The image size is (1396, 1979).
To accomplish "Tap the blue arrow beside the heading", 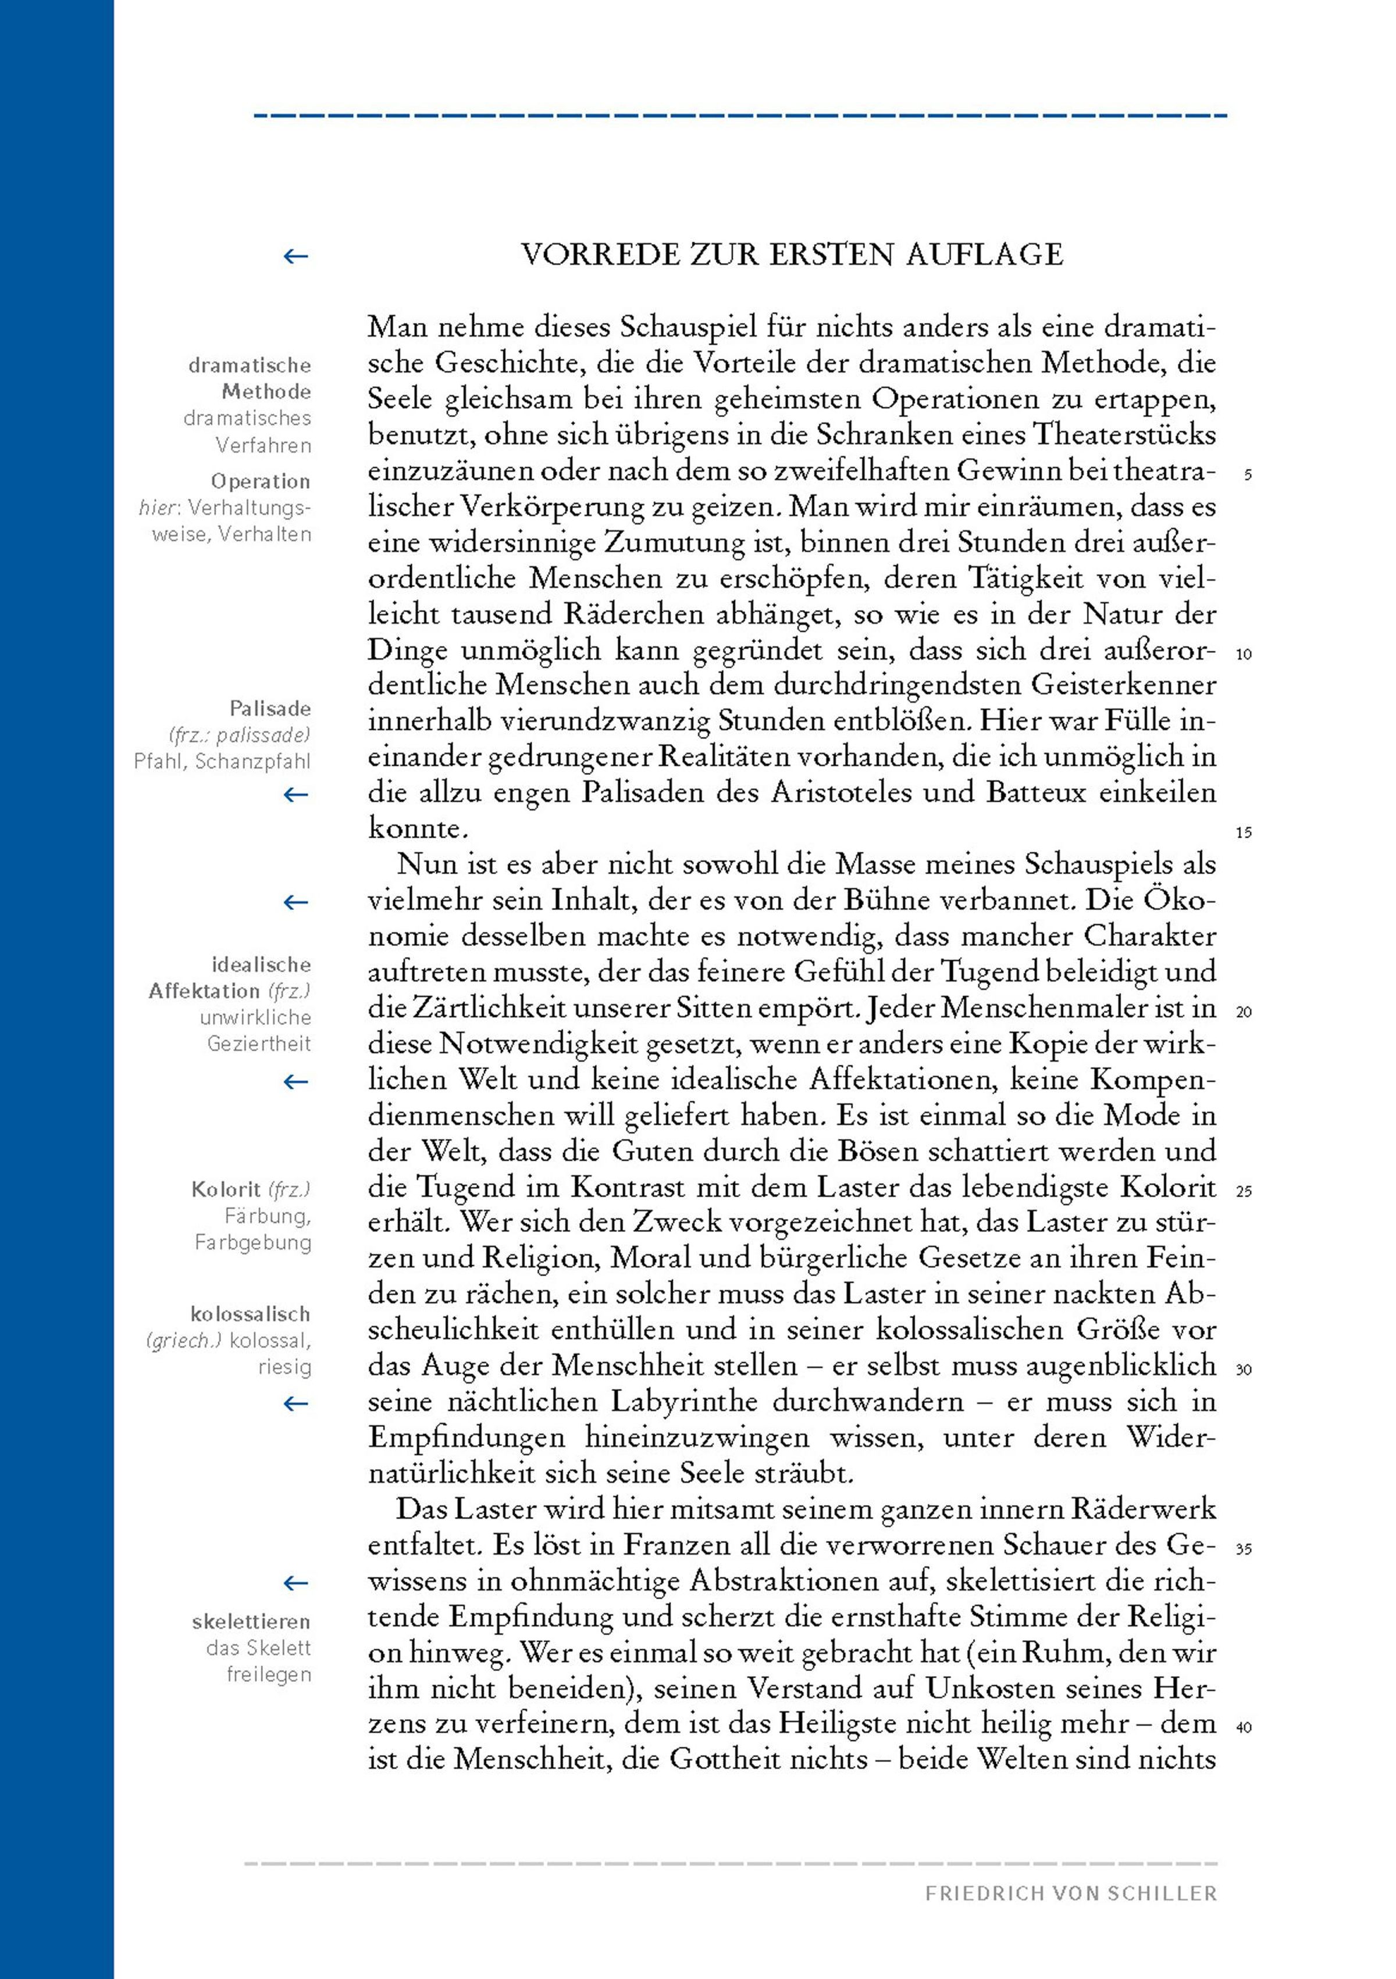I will [x=295, y=256].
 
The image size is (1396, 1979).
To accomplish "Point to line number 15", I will [x=1244, y=833].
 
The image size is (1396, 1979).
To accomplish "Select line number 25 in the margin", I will [x=1244, y=1192].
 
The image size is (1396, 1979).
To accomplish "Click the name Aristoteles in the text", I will [x=815, y=792].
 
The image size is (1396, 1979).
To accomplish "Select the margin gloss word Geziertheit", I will [x=259, y=1044].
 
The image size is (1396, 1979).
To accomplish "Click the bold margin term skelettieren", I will [x=251, y=1622].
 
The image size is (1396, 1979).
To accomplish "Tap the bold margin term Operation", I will [x=261, y=481].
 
